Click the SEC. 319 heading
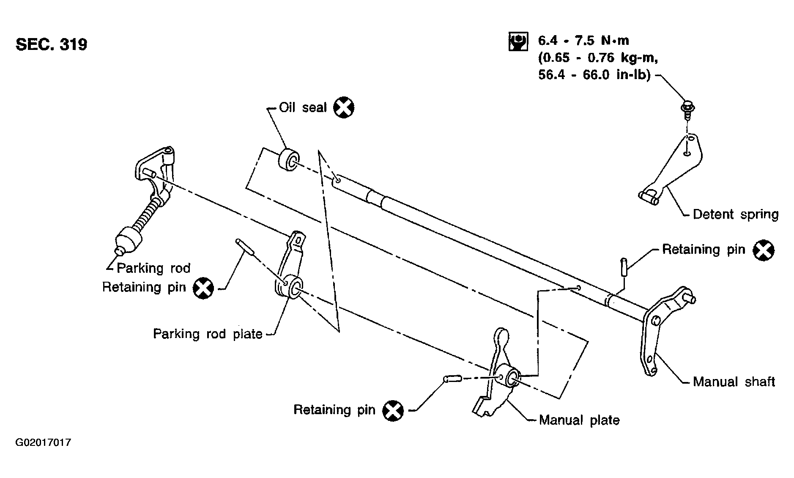point(51,44)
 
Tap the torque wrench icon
point(517,41)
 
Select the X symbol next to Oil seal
point(344,107)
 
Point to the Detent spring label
point(735,214)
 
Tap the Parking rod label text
point(153,268)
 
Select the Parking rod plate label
point(208,334)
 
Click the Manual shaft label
point(734,382)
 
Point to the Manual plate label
point(579,420)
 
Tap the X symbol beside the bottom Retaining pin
point(393,410)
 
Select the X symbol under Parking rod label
point(203,288)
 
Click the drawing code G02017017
point(43,443)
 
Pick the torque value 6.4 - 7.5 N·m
point(583,41)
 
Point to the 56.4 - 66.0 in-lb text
point(594,76)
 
